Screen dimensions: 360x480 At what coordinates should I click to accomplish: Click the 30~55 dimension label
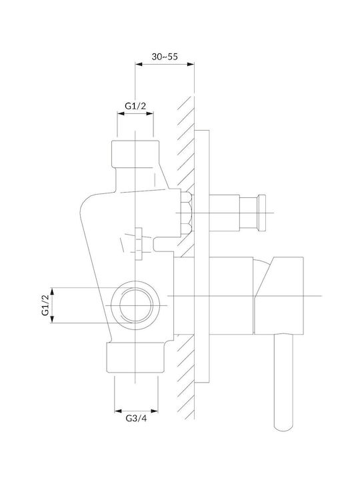165,57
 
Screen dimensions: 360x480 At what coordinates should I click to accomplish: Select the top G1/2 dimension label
135,106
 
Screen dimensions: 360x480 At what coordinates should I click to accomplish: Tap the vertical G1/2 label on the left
45,305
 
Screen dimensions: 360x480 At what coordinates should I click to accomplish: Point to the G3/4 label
136,418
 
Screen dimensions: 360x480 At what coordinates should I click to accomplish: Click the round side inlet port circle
135,305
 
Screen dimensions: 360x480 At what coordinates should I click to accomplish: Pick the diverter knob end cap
262,213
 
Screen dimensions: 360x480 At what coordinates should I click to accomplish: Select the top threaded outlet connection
135,154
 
